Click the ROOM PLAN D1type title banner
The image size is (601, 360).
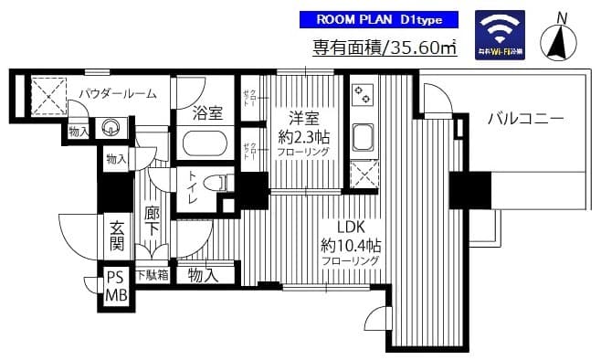coord(379,20)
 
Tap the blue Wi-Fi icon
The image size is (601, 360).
coord(500,37)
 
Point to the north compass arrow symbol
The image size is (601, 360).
coord(561,39)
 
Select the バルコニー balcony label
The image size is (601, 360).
coord(524,118)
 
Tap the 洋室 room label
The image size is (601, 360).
coord(305,119)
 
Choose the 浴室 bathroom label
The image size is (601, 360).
coord(208,113)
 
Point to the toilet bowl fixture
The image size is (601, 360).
coord(216,183)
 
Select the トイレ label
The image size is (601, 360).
coord(193,187)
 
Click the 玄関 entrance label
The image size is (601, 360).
coord(117,236)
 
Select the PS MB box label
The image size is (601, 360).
coord(116,286)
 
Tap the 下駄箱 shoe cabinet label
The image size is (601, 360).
coord(152,274)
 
